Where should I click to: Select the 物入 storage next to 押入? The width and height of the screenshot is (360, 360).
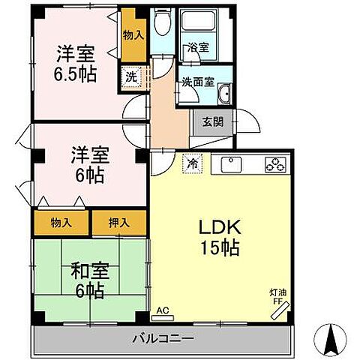pos(61,222)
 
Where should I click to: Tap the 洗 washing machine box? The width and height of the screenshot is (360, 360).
pos(130,76)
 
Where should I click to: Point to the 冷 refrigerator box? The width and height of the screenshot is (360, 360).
pos(193,163)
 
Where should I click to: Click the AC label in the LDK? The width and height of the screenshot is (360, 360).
pos(163,308)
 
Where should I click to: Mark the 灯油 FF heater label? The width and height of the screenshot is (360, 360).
pos(277,297)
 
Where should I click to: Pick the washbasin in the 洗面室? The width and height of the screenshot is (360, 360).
pos(224,94)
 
